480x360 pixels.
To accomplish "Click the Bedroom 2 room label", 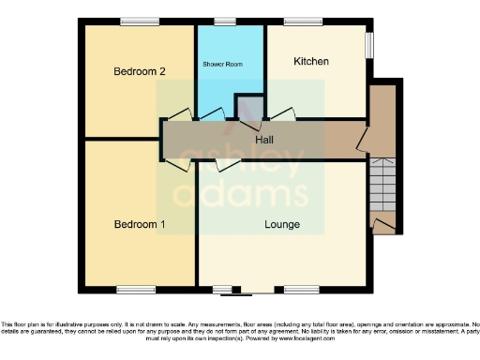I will (x=140, y=71).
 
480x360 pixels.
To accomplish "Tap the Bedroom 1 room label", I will (x=140, y=224).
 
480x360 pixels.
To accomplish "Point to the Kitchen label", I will (x=311, y=62).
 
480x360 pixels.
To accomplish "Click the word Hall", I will (x=265, y=140).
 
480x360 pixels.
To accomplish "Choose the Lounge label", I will (x=281, y=224).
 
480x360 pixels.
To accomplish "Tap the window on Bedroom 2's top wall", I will (x=139, y=22).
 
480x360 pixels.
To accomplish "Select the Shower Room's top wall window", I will (x=225, y=22).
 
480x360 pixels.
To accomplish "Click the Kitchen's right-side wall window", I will (x=368, y=44).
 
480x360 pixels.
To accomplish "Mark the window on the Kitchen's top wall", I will (x=303, y=22).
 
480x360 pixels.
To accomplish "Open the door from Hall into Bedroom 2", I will (x=180, y=116).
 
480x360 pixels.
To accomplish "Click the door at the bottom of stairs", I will (x=383, y=223).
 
